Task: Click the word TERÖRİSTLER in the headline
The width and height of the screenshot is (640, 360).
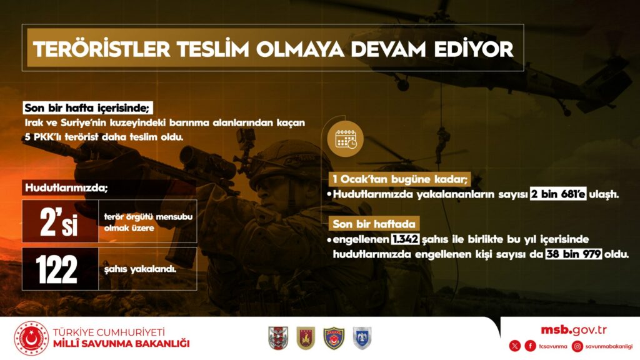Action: coord(102,49)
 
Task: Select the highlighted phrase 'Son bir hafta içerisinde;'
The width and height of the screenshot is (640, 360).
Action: coord(87,107)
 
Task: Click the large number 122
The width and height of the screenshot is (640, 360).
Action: coord(56,269)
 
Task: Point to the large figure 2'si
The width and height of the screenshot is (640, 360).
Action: coord(59,222)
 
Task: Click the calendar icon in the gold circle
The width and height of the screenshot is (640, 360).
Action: coord(345,139)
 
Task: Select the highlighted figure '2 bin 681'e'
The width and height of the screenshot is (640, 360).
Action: coord(558,194)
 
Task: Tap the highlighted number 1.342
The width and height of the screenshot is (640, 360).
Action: coord(405,239)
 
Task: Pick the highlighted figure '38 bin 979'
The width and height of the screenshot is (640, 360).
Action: coord(574,254)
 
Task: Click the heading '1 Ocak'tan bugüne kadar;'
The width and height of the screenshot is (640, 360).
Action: coord(399,179)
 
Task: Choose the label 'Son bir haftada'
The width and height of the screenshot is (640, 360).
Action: coord(374,224)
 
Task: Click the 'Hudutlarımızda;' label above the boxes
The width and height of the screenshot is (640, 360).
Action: coord(66,187)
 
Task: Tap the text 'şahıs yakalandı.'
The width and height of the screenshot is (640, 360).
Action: coord(140,269)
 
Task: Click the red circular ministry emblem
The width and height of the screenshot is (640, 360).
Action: coord(31,338)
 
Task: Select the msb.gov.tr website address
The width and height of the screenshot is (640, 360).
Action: coord(574,330)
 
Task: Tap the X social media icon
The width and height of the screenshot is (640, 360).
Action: coord(515,346)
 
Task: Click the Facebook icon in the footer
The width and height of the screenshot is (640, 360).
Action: coord(530,346)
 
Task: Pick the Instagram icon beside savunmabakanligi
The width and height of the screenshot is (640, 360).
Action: coord(577,346)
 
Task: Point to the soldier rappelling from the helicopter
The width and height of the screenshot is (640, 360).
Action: coord(442,144)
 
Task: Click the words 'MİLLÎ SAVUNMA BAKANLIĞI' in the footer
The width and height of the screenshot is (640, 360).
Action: coord(122,344)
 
